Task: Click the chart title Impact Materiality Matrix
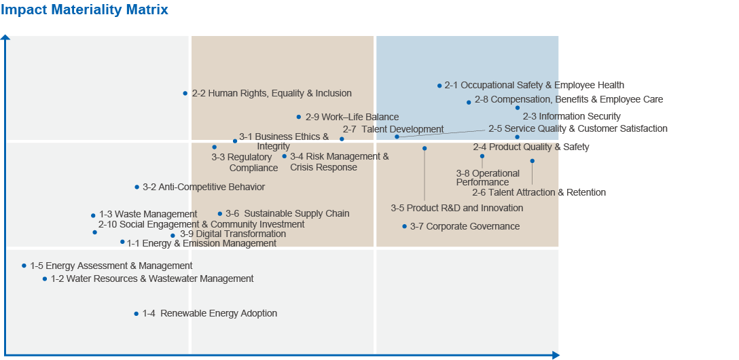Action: tap(85, 10)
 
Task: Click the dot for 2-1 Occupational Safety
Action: tap(439, 86)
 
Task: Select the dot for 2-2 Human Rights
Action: tap(185, 93)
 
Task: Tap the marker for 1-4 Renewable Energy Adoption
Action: tap(136, 314)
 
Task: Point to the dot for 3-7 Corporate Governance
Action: tap(404, 226)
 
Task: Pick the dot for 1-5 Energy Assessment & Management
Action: tap(24, 266)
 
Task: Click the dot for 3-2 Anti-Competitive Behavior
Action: tap(137, 187)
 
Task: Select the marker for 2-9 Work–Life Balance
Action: tap(298, 117)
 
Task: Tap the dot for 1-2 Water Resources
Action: tap(45, 278)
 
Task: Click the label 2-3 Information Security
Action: tap(571, 116)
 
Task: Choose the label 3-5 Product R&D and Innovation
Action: tap(456, 208)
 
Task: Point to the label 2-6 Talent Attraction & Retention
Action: tap(539, 192)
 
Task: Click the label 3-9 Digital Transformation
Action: tap(232, 234)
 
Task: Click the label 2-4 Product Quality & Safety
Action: tap(530, 147)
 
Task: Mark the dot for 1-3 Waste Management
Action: tap(93, 215)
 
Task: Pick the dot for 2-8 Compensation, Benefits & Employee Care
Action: tap(469, 102)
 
